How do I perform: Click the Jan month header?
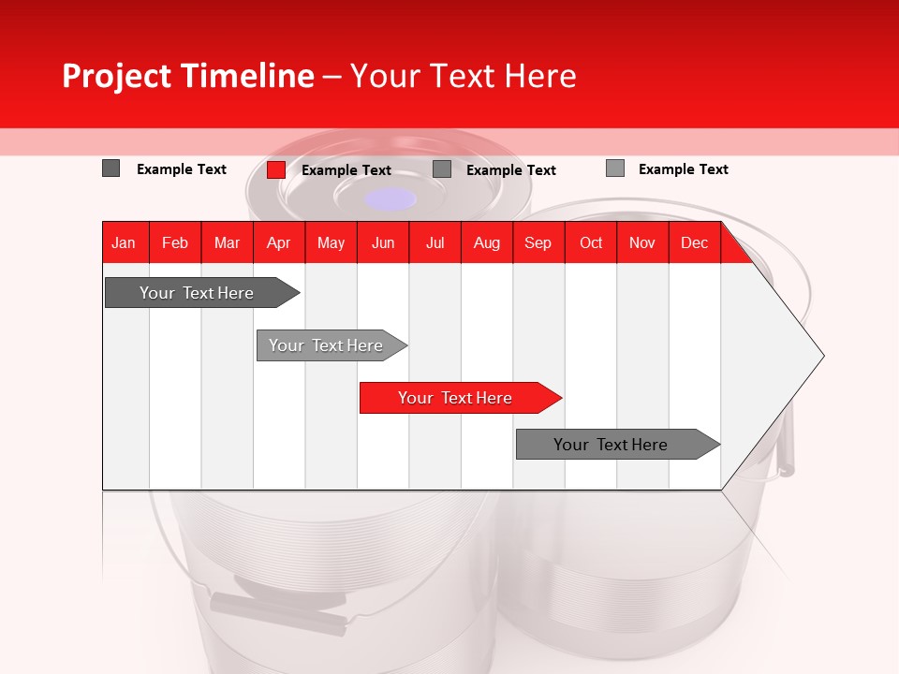click(124, 242)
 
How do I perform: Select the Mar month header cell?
click(227, 242)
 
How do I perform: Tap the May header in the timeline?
click(331, 242)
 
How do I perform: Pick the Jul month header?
click(435, 242)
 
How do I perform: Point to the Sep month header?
click(538, 242)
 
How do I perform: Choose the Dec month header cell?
click(694, 242)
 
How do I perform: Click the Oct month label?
click(591, 242)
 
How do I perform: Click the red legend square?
click(276, 169)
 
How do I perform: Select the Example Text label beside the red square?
click(346, 169)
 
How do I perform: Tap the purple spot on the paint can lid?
click(391, 198)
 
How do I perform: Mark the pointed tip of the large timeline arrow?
click(822, 356)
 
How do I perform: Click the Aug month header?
click(486, 242)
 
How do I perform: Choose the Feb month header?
click(175, 242)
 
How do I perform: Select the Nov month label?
click(642, 242)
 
